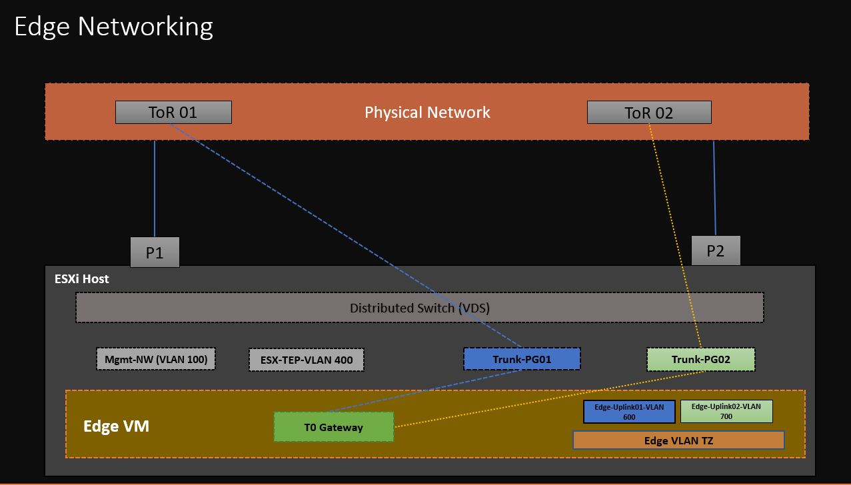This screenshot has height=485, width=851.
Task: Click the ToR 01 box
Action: [x=173, y=112]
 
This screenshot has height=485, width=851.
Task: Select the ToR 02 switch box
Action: [x=648, y=113]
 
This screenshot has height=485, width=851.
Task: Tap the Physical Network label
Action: [x=427, y=112]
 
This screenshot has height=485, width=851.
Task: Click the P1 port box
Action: [x=155, y=252]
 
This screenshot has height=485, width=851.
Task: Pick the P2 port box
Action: [x=715, y=250]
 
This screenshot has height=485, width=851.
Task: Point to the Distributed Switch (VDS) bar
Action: [x=419, y=308]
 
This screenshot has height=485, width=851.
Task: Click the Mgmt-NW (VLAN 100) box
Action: [x=156, y=360]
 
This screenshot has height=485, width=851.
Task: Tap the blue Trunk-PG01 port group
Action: [x=522, y=359]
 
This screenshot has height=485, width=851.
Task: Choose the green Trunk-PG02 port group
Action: [x=700, y=359]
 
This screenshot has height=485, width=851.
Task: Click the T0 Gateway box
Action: [x=333, y=427]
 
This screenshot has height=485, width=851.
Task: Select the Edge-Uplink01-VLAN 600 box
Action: [x=629, y=412]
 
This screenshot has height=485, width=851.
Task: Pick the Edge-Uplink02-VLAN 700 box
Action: [x=726, y=411]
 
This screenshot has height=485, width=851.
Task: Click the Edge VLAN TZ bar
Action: [x=678, y=440]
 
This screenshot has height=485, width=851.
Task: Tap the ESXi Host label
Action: [x=81, y=279]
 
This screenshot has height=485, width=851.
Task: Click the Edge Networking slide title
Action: [x=113, y=27]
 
